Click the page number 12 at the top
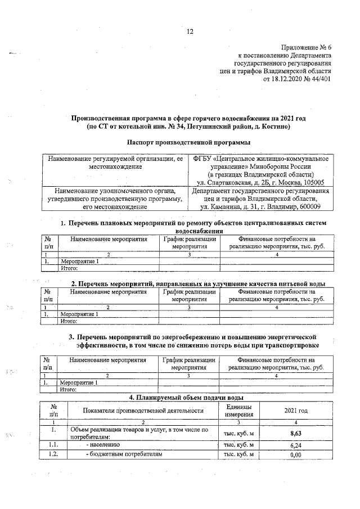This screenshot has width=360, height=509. pos(190,31)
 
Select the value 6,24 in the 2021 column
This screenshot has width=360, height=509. pos(296,444)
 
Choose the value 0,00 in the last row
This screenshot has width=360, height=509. pos(296,454)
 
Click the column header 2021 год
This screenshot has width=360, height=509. pos(296,411)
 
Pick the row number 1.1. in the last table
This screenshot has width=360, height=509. pos(54,444)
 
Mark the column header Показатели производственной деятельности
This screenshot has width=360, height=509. pos(143,411)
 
